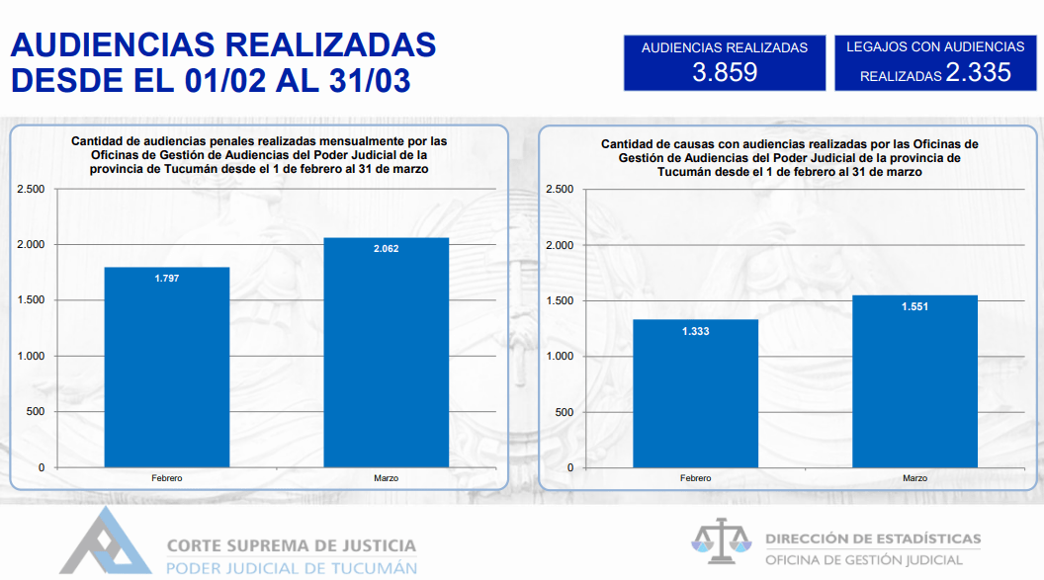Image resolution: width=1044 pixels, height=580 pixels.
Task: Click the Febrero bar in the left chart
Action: pyautogui.click(x=167, y=368)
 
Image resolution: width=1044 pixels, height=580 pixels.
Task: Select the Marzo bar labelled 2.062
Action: pyautogui.click(x=387, y=353)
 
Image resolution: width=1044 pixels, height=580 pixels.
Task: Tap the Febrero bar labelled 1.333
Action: pyautogui.click(x=695, y=394)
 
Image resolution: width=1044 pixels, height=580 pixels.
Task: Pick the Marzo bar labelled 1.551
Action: pyautogui.click(x=914, y=381)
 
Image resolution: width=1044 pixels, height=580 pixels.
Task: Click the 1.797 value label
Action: pyautogui.click(x=167, y=278)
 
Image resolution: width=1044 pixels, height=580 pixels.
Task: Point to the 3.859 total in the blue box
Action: pyautogui.click(x=725, y=72)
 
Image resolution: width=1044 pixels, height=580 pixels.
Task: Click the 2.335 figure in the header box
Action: pyautogui.click(x=978, y=72)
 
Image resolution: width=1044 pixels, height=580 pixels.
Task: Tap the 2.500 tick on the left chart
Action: pyautogui.click(x=32, y=189)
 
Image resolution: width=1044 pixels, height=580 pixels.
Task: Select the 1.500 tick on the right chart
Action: pyautogui.click(x=560, y=300)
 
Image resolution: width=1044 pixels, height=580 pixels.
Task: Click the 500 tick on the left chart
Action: pyautogui.click(x=36, y=412)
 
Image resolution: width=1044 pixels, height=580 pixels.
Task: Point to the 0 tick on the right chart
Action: pyautogui.click(x=569, y=467)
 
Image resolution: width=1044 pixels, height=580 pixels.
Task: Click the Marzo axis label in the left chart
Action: pyautogui.click(x=387, y=478)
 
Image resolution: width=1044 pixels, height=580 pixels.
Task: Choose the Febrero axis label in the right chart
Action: pyautogui.click(x=695, y=478)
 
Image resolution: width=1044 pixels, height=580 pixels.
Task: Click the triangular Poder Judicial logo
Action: pyautogui.click(x=105, y=542)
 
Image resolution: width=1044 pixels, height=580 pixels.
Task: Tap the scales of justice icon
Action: pyautogui.click(x=721, y=540)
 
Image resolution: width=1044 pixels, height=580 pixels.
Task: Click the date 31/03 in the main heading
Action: pyautogui.click(x=370, y=80)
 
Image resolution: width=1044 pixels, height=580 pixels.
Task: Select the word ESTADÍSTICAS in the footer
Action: pyautogui.click(x=928, y=539)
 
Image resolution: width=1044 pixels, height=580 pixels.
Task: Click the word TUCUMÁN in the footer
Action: pyautogui.click(x=374, y=569)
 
